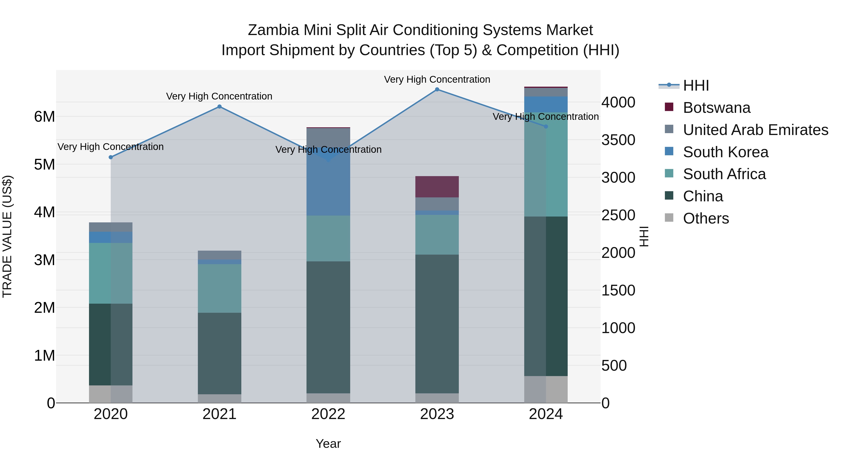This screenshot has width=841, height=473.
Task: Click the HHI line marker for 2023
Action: point(437,89)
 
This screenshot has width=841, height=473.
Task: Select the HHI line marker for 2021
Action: point(219,107)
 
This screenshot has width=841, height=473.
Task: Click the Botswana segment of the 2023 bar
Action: point(437,187)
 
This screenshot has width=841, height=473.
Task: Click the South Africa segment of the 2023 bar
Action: point(437,235)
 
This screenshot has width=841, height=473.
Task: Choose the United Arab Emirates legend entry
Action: point(755,130)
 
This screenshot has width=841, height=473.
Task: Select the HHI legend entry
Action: point(695,85)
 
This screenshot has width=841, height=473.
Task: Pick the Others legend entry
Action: point(706,218)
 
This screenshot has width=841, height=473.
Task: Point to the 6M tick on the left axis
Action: point(44,117)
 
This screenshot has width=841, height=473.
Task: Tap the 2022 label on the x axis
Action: point(328,414)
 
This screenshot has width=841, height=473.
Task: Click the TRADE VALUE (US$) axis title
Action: point(7,236)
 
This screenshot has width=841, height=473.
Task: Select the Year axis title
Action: point(328,444)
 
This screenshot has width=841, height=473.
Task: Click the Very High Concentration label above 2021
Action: point(219,96)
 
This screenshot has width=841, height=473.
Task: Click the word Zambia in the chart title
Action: point(273,30)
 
